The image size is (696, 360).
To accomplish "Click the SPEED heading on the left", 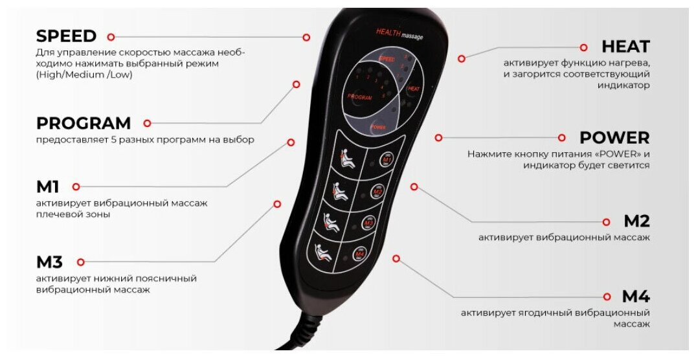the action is [x=66, y=36].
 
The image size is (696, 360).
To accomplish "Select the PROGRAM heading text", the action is [x=84, y=123].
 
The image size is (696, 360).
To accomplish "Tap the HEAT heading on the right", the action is [x=625, y=47].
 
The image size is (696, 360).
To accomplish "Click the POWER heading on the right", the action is [x=614, y=138].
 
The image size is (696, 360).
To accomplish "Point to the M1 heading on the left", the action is [x=48, y=187].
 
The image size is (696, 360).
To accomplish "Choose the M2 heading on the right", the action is [x=636, y=221].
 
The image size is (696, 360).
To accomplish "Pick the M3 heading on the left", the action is [x=50, y=262].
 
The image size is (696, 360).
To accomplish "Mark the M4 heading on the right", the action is [x=636, y=297].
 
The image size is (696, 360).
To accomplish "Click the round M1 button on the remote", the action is [x=387, y=159].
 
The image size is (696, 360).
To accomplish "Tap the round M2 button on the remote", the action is [x=378, y=192].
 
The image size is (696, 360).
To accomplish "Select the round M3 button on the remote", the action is [x=369, y=223].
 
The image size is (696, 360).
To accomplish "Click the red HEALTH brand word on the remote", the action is [x=388, y=32].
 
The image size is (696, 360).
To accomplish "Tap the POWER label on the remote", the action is [x=378, y=128].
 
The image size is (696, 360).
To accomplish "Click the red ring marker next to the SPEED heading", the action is [x=111, y=37].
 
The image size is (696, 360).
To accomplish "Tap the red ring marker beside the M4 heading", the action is [x=607, y=297].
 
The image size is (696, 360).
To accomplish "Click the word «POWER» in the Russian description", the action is [x=616, y=154].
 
